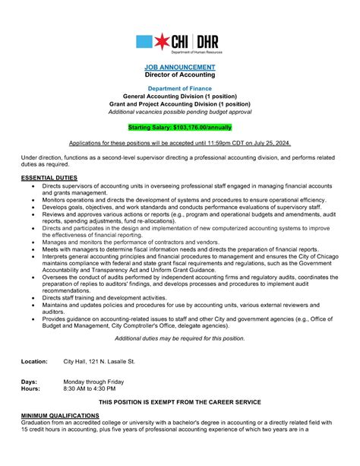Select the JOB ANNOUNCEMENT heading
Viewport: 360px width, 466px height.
180,68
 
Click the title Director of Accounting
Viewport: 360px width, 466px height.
180,76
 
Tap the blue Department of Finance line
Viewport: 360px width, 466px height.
180,89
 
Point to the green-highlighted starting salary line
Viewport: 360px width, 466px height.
180,127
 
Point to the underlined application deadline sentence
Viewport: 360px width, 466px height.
180,142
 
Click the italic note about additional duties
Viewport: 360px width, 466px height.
180,338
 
